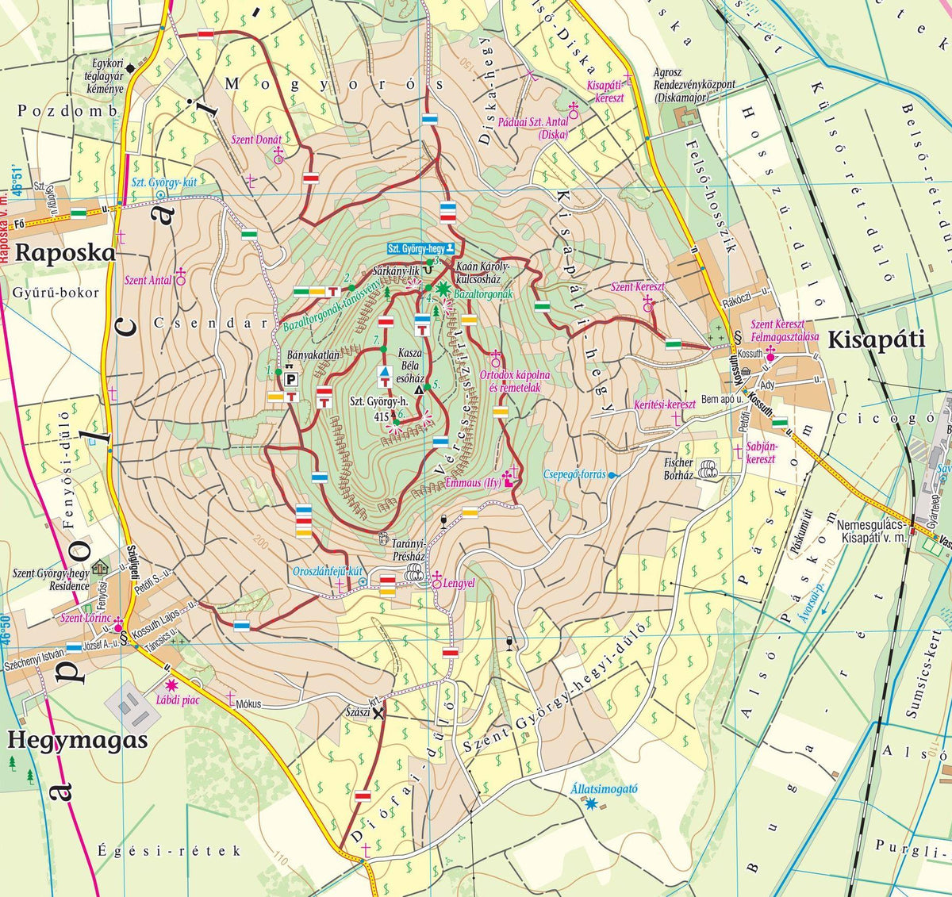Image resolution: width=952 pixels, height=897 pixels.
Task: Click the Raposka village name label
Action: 66,253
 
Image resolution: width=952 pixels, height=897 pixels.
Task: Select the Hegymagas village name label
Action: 78,740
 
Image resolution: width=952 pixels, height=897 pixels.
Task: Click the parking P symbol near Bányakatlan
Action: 291,379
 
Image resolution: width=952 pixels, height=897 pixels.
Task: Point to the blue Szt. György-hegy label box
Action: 421,248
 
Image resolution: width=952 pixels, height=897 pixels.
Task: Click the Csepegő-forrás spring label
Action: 574,474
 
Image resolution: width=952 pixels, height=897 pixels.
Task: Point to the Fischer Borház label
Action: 678,469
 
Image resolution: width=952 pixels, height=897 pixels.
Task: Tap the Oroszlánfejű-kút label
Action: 328,570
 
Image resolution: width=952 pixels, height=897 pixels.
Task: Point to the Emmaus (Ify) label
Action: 474,481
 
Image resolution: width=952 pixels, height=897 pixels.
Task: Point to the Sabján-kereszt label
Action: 760,453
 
